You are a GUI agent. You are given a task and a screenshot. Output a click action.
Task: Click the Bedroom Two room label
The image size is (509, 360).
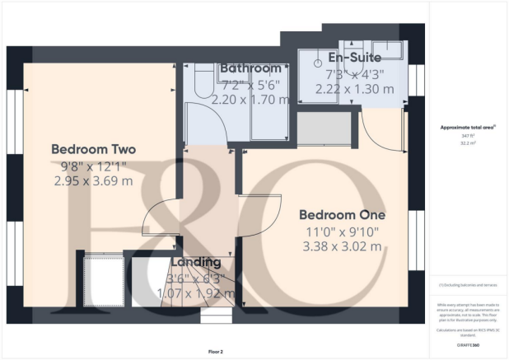pyautogui.click(x=93, y=149)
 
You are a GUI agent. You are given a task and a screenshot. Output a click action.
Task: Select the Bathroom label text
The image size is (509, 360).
pyautogui.click(x=251, y=68)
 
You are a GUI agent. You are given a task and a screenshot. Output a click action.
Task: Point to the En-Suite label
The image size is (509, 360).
pyautogui.click(x=354, y=58)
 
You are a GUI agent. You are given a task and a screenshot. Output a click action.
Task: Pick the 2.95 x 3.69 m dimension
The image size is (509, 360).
pyautogui.click(x=93, y=180)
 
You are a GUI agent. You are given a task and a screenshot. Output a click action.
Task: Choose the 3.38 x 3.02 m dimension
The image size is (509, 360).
pyautogui.click(x=342, y=246)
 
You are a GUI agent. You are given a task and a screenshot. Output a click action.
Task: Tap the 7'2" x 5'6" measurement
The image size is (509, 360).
pyautogui.click(x=251, y=84)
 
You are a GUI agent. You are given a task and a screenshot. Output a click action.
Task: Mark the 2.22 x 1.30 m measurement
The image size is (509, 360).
pyautogui.click(x=354, y=89)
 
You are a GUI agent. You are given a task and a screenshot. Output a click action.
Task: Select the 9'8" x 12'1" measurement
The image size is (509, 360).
pyautogui.click(x=93, y=165)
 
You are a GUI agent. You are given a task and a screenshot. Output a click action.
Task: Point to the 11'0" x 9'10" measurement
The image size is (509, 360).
pyautogui.click(x=342, y=231)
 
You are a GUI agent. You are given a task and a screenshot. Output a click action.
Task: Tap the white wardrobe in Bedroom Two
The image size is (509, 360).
pyautogui.click(x=103, y=280)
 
